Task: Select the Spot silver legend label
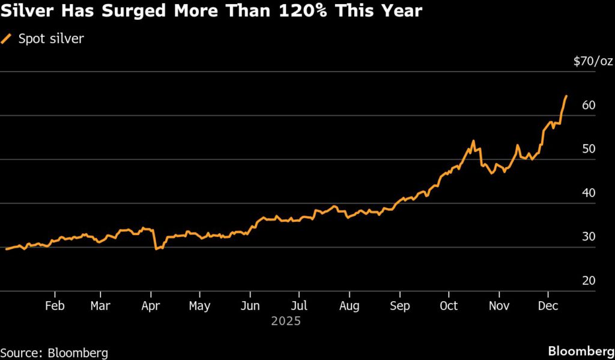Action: click(x=50, y=39)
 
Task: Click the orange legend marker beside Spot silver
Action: click(x=7, y=39)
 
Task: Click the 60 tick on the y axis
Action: click(x=588, y=105)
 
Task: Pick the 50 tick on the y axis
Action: click(x=588, y=149)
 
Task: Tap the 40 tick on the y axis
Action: click(x=588, y=193)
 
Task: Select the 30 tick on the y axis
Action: click(x=588, y=237)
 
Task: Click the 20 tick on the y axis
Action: click(x=588, y=281)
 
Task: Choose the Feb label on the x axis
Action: click(x=55, y=306)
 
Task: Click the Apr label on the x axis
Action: click(x=151, y=306)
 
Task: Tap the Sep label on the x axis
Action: click(x=399, y=306)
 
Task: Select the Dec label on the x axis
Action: click(x=547, y=306)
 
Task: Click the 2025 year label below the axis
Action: click(x=285, y=322)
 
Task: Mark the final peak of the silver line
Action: click(x=566, y=96)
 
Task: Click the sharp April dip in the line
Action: click(x=156, y=248)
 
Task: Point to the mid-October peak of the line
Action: click(x=473, y=141)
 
